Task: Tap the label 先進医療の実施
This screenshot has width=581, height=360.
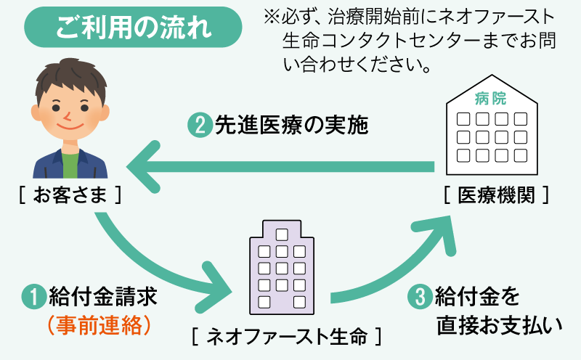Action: pyautogui.click(x=291, y=126)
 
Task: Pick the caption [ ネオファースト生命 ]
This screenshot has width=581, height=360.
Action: pyautogui.click(x=286, y=337)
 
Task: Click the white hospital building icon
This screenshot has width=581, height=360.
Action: pyautogui.click(x=492, y=127)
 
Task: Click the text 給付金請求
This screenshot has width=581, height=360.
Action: pyautogui.click(x=102, y=297)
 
